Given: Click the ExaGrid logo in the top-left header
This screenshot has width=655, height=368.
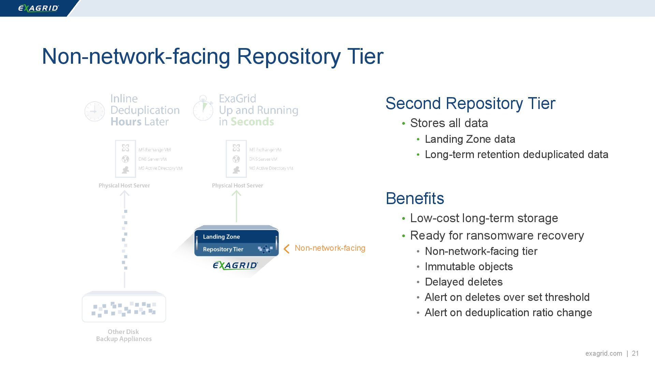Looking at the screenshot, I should point(38,8).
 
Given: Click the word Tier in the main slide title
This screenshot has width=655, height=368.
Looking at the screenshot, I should point(365,56).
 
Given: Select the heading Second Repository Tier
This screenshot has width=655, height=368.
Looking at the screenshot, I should point(470,103).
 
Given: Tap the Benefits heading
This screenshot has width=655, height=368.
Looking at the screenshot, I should point(415,198).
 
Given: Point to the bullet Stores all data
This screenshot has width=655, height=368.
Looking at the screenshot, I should point(449,123).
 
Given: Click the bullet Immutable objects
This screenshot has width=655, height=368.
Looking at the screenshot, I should point(469,266).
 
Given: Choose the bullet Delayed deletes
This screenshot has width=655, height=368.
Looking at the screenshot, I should point(464,282).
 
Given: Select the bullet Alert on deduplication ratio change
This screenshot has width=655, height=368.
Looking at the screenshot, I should point(508,312).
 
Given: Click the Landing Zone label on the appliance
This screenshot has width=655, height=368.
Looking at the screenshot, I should point(221,237).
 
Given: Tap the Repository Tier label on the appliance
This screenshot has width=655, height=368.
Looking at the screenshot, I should point(223,249).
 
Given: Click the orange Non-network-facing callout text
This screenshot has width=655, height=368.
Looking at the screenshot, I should point(330,248).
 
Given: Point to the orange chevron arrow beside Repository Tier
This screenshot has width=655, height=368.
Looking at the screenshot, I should point(287,249).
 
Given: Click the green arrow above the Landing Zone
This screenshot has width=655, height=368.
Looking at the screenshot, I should point(236,206).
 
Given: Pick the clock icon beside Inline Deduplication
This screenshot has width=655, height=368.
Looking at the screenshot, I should point(94,111).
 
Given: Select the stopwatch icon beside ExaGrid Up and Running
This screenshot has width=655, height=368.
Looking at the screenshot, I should point(203,109).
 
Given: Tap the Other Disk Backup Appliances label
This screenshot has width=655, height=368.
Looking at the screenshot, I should point(123,335).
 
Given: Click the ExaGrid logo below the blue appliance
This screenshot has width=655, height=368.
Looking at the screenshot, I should point(235,265).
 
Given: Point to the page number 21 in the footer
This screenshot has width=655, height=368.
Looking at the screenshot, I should point(635,353).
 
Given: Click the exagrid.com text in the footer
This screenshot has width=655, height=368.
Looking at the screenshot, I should point(603,353).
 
